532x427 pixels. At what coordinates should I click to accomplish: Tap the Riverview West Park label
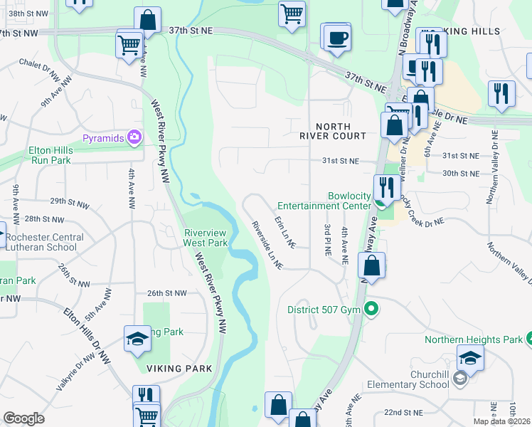206,238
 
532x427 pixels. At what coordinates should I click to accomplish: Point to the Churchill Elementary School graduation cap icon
469,358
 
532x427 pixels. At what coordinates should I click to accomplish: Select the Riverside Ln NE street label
267,246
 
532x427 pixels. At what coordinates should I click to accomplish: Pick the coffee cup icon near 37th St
336,36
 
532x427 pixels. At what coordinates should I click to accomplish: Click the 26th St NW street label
166,293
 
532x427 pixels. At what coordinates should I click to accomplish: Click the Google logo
23,418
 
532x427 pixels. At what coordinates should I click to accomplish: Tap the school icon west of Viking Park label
138,339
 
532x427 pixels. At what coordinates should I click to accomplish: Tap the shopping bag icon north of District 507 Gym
371,266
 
